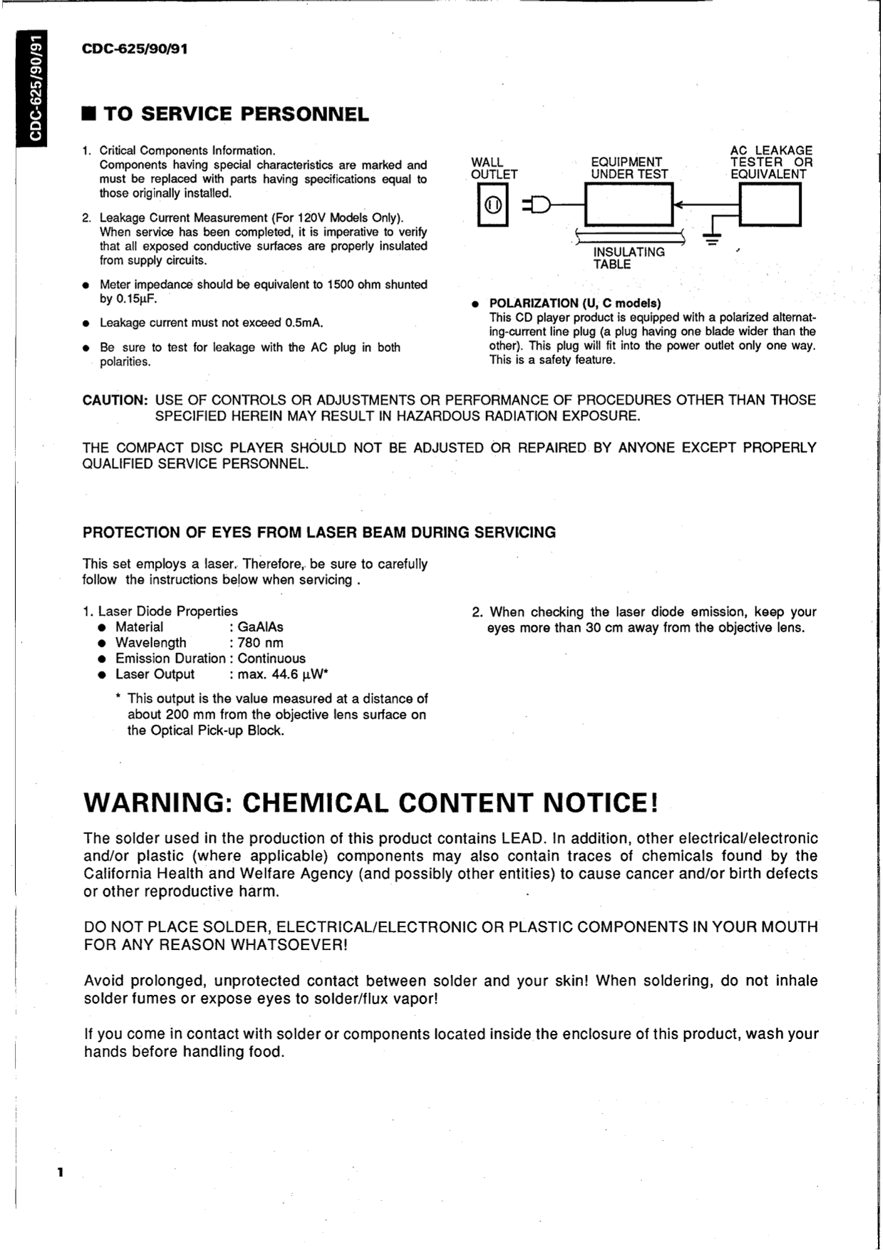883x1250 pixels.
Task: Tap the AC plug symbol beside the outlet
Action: tap(538, 205)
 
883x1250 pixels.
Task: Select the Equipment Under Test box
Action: tap(629, 205)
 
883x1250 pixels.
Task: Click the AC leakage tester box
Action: tap(770, 204)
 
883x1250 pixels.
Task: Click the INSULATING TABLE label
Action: tap(629, 258)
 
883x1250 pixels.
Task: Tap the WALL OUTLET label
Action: tap(494, 168)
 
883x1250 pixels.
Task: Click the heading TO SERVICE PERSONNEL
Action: tap(236, 114)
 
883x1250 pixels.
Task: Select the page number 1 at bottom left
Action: tap(61, 1172)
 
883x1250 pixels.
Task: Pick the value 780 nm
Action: tap(260, 643)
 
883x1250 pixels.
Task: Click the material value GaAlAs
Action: tap(260, 627)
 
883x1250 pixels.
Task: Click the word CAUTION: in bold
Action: tap(115, 400)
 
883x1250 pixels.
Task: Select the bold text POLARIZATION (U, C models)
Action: tap(575, 303)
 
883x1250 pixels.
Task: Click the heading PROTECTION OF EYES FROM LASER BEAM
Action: tap(319, 532)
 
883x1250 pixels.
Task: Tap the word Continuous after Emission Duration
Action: tap(272, 658)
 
